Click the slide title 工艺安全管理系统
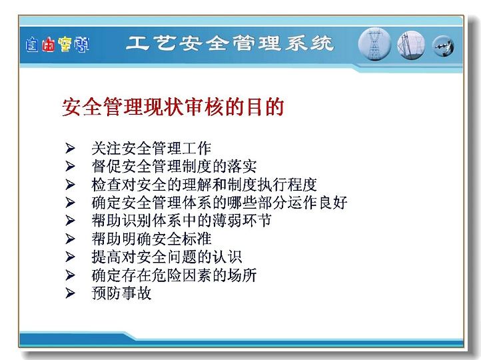[230, 43]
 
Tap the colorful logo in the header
[57, 45]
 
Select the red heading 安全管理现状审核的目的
[173, 107]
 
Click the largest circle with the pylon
[374, 44]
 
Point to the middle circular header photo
[411, 45]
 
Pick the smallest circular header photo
[443, 47]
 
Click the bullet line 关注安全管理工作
[151, 148]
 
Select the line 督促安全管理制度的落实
[174, 167]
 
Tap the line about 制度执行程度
[204, 185]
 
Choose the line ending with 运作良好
[219, 203]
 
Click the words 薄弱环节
[241, 221]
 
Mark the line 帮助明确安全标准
[151, 239]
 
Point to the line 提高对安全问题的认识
[167, 257]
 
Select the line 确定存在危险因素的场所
[174, 275]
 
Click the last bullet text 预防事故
[121, 293]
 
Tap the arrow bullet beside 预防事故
[70, 293]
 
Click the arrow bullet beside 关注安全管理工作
[70, 148]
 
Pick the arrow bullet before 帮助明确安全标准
[70, 239]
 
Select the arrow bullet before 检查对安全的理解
[70, 185]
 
